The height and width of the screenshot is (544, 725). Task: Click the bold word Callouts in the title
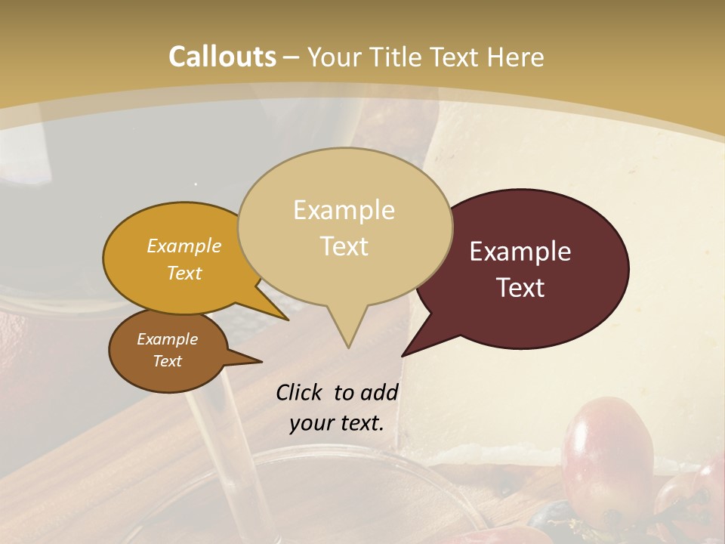222,57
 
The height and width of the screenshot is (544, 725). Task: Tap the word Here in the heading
517,57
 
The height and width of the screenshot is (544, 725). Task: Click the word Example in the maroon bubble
520,252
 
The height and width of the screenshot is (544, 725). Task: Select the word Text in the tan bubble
344,246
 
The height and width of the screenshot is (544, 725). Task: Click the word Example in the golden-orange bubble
184,246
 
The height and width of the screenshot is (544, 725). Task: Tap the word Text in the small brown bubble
168,361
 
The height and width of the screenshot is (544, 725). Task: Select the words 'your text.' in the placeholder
337,424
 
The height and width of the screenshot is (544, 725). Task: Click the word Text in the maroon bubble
521,288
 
